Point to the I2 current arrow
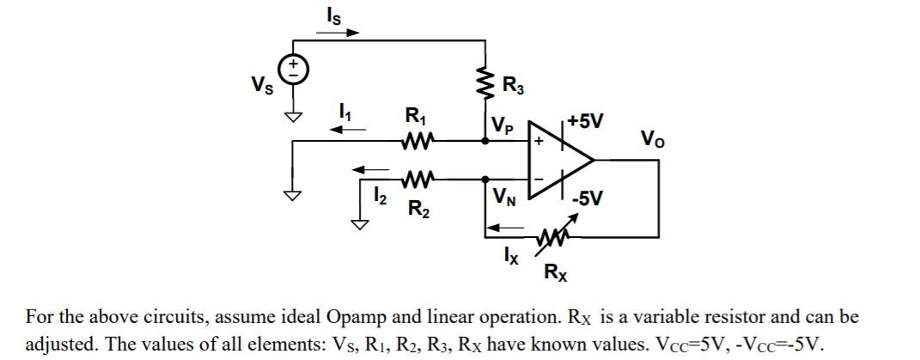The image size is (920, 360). (x=375, y=168)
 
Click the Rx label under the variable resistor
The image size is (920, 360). (x=555, y=274)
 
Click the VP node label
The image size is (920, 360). (x=504, y=126)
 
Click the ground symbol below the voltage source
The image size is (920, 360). (x=295, y=117)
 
